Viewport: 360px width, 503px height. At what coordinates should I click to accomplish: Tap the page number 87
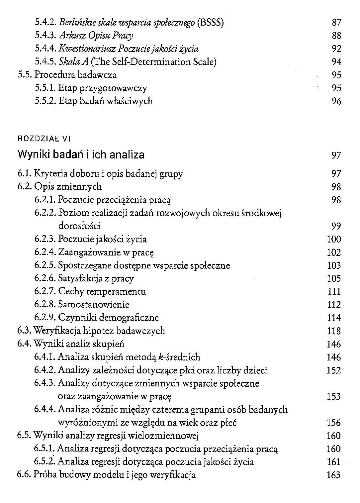(x=336, y=23)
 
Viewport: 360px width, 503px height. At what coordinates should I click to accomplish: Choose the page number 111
(x=334, y=292)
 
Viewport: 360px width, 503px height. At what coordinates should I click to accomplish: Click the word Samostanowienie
(x=94, y=305)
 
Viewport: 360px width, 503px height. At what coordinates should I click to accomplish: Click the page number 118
(x=334, y=331)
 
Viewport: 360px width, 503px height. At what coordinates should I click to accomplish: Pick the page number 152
(x=334, y=370)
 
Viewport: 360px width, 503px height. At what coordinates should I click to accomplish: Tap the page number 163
(x=334, y=475)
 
